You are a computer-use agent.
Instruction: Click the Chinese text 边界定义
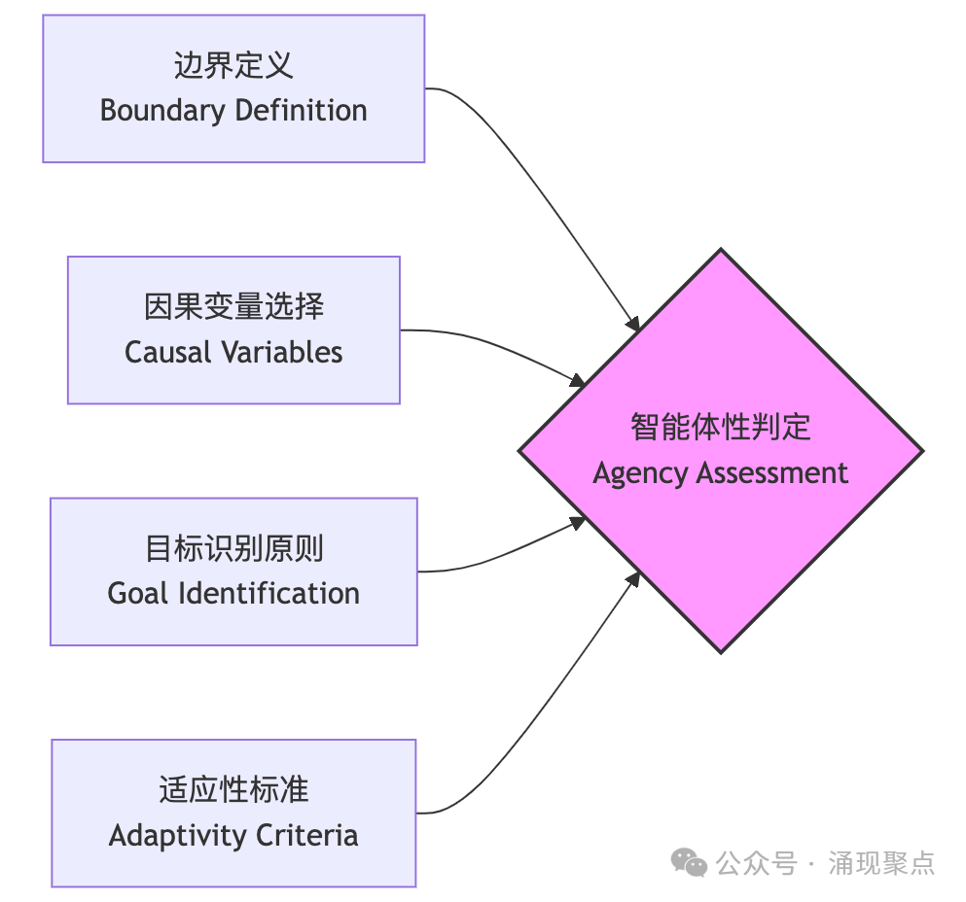coord(233,65)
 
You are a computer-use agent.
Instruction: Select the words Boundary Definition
coord(233,110)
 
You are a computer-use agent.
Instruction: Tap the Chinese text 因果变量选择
coord(233,307)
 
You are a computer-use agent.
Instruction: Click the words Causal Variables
coord(233,352)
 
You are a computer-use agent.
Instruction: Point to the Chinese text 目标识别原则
coord(233,548)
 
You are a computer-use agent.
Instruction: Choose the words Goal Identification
coord(233,593)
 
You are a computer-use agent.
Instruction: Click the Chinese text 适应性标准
coord(233,789)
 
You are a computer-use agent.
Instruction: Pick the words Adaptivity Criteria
coord(233,835)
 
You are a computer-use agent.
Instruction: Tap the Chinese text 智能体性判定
coord(720,428)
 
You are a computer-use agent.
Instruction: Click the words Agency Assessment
coord(720,473)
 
